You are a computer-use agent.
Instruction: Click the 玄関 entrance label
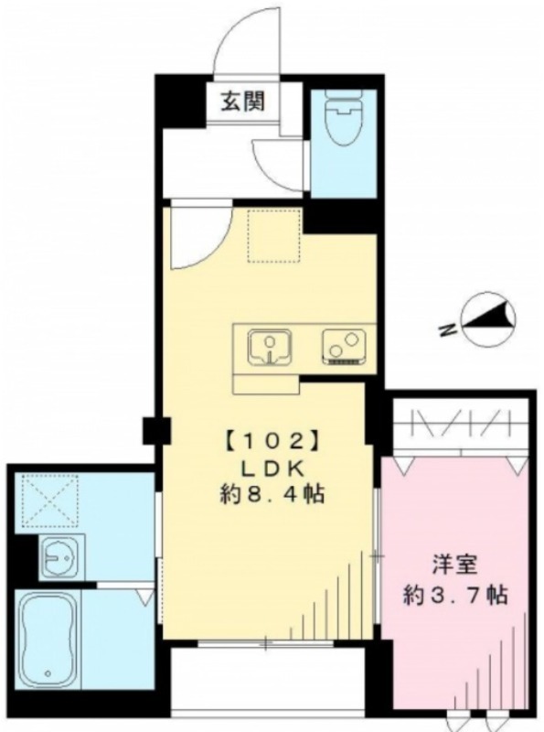pos(243,101)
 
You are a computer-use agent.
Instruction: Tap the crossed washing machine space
pos(48,500)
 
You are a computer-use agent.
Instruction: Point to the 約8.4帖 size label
pos(272,494)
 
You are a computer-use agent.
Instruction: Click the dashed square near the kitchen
pos(273,236)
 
